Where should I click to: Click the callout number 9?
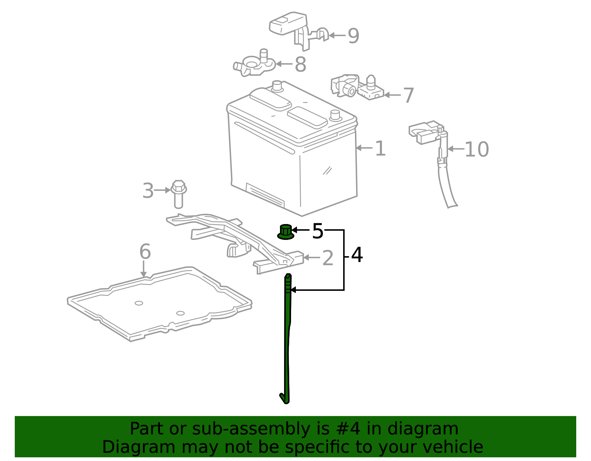353,36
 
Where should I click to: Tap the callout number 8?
300,65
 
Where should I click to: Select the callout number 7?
408,96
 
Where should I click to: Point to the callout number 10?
476,149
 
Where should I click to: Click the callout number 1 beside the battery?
380,149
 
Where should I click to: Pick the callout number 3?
148,191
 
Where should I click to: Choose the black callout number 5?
317,231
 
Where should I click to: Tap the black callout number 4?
357,255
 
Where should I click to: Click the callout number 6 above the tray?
145,252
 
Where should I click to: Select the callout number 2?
328,258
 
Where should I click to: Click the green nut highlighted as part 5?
286,232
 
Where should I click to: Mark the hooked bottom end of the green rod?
284,399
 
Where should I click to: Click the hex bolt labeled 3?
178,193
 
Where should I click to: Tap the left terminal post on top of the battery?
277,86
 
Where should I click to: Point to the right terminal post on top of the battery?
335,115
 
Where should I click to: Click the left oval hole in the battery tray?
139,303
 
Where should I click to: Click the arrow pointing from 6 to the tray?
144,269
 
